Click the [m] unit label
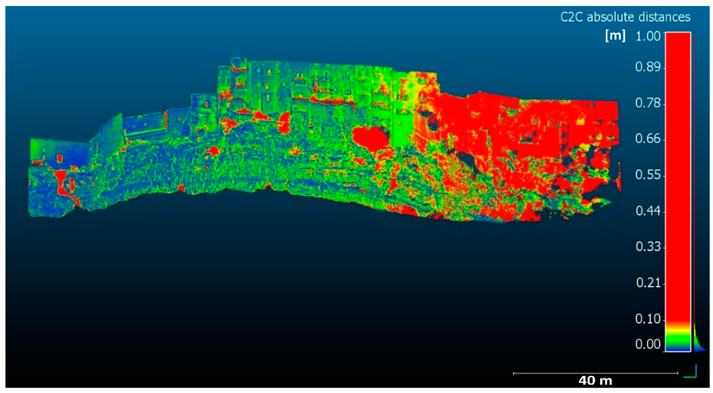[x=615, y=36]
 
